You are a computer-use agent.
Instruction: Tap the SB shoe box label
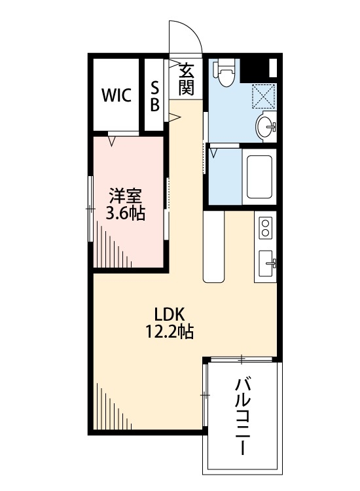(x=155, y=96)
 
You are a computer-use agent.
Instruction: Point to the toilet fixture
(x=225, y=72)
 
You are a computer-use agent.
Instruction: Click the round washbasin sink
(x=266, y=125)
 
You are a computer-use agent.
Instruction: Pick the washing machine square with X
(x=265, y=97)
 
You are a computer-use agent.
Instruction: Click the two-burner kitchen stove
(x=265, y=228)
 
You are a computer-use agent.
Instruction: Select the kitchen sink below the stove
(x=266, y=264)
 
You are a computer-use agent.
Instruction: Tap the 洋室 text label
(x=126, y=195)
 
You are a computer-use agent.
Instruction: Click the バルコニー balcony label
(x=244, y=415)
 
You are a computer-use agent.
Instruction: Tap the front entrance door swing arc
(x=186, y=36)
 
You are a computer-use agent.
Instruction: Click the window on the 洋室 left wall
(x=90, y=208)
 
